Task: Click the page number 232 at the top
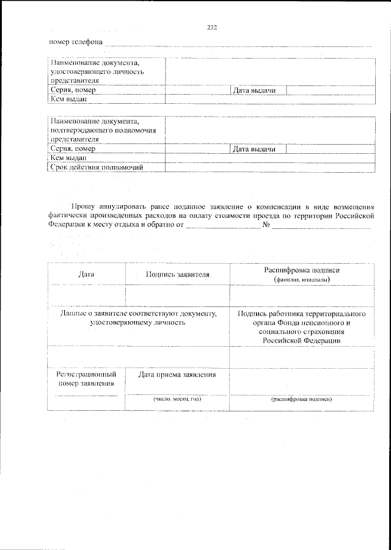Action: (x=212, y=27)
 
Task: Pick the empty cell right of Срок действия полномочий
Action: (x=269, y=167)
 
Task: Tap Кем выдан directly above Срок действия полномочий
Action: (x=69, y=158)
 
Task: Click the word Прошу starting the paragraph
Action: (x=82, y=207)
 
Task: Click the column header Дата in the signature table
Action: (x=87, y=275)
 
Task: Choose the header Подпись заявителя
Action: (x=178, y=275)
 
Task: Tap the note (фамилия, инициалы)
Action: (x=302, y=280)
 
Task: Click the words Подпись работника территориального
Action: (x=302, y=313)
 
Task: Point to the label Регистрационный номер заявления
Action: (x=86, y=378)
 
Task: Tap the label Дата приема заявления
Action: (x=177, y=374)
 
